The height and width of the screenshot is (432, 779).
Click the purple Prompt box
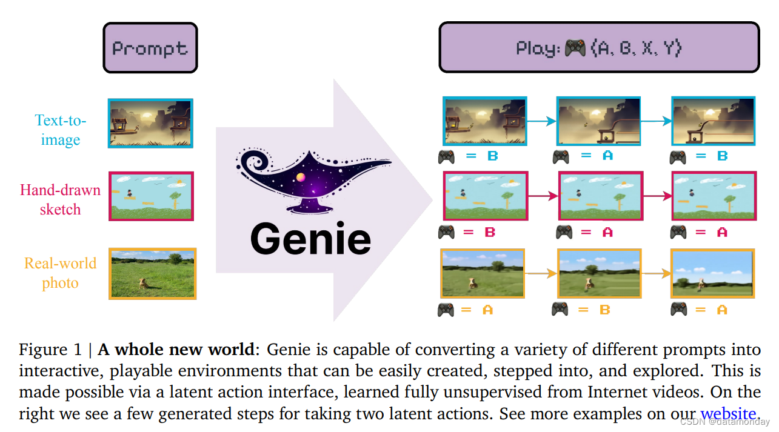coord(150,48)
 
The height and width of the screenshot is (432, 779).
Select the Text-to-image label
coord(61,130)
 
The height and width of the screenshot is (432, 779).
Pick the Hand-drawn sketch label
coord(60,199)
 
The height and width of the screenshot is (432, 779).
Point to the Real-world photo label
coord(60,273)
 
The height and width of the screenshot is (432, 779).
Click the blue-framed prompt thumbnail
coord(150,123)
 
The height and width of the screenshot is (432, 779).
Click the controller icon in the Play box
coord(575,48)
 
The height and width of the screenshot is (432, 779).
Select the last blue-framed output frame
coord(714,121)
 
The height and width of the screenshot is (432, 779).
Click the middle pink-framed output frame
coord(600,196)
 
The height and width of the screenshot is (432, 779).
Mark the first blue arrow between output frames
coord(542,121)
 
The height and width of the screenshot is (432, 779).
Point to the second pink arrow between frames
coord(657,196)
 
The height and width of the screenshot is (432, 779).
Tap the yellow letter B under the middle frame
coord(604,310)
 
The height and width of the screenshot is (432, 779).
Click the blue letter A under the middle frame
coord(607,156)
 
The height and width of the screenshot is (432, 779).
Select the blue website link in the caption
coord(728,414)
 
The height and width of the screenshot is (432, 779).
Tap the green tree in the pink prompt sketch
coord(176,197)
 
